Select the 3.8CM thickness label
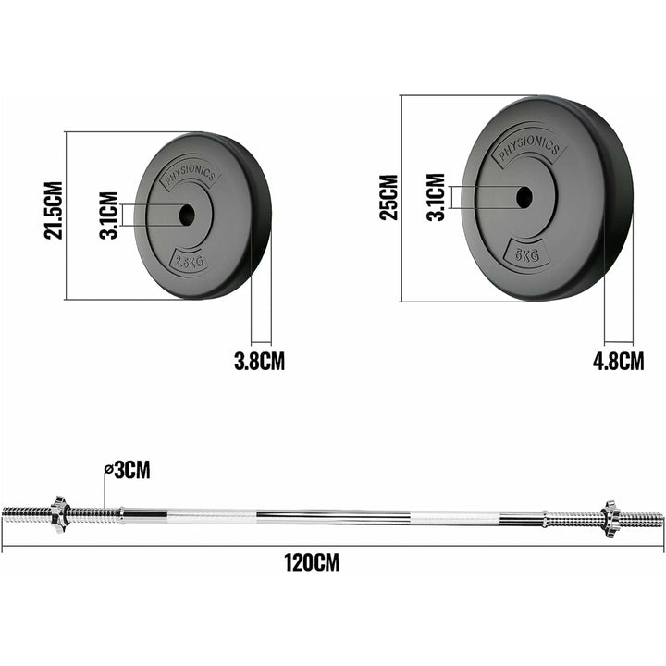tap(258, 361)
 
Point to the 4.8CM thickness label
tap(618, 361)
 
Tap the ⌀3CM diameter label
tap(127, 471)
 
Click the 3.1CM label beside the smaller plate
tap(109, 216)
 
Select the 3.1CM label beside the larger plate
tap(436, 197)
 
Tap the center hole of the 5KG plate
tap(524, 197)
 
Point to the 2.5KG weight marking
tap(188, 262)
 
